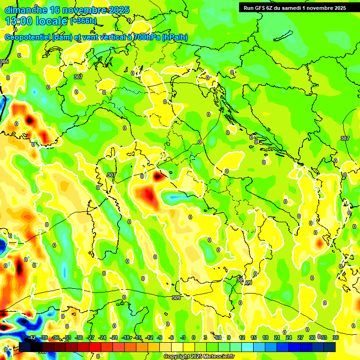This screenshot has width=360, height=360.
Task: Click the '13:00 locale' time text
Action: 37,21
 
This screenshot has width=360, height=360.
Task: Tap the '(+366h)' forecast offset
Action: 83,21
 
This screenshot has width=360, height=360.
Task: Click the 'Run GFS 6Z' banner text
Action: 258,7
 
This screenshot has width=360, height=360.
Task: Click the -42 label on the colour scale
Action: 32,337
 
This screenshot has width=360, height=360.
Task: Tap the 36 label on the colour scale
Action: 336,337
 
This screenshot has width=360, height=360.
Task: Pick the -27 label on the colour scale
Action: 90,337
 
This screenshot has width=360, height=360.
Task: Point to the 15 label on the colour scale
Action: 254,337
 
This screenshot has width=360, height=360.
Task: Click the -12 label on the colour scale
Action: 149,337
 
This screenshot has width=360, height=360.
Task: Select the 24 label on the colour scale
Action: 289,337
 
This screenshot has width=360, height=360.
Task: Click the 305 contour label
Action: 4,62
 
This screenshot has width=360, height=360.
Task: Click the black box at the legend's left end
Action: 25,347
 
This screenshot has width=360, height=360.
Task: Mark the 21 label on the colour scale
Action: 277,337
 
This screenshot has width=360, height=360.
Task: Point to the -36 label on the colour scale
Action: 55,337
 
